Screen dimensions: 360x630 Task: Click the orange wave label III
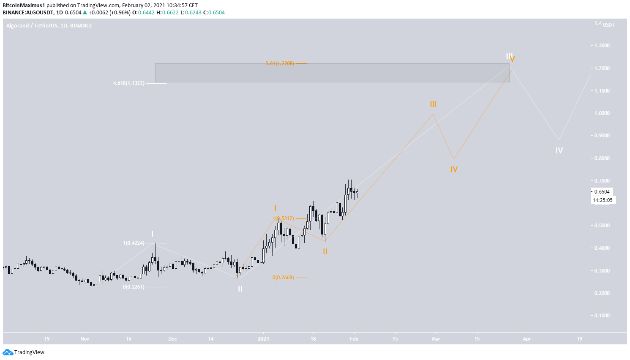(x=433, y=104)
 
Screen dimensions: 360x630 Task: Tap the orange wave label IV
(x=454, y=169)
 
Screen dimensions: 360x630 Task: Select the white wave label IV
(x=559, y=150)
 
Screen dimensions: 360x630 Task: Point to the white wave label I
(x=152, y=234)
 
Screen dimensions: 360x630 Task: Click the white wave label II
(x=240, y=289)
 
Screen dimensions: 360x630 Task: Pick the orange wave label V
(x=512, y=60)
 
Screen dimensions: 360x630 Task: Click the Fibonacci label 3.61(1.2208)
(x=280, y=63)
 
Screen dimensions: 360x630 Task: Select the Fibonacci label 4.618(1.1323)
(x=129, y=83)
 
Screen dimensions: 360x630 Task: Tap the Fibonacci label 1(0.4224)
(x=134, y=243)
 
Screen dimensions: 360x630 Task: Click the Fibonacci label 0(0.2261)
(x=134, y=287)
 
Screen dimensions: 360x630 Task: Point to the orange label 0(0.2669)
(x=283, y=278)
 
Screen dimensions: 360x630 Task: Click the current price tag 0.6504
(x=602, y=191)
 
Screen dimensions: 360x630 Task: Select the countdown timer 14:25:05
(x=603, y=200)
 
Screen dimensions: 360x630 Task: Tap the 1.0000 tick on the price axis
(x=602, y=113)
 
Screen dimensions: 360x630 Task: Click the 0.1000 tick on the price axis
(x=602, y=316)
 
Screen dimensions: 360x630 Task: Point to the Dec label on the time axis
(x=172, y=338)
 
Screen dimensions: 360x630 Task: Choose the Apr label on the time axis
(x=526, y=338)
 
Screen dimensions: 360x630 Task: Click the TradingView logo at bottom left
(x=24, y=352)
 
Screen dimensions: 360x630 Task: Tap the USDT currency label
(x=609, y=25)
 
